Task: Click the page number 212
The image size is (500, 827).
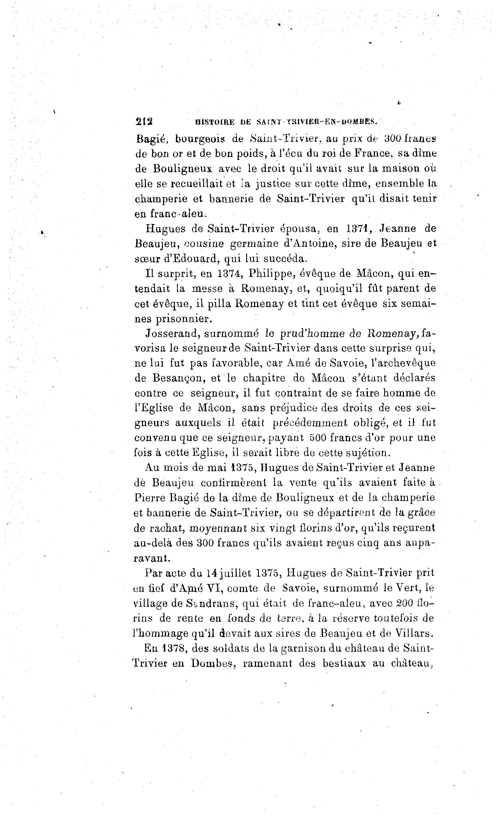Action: (x=144, y=121)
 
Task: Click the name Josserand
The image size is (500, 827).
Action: (x=171, y=334)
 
